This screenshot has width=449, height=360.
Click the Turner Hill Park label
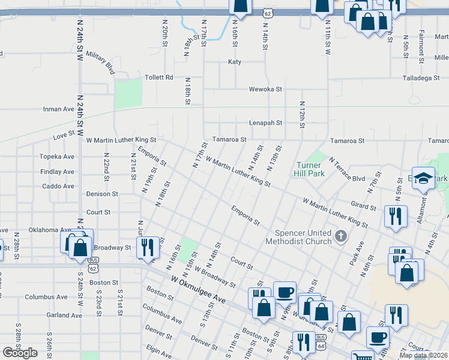point(310,169)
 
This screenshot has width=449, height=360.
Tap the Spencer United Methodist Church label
point(303,237)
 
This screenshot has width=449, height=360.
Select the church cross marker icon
point(342,236)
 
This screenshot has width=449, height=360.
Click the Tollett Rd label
point(158,77)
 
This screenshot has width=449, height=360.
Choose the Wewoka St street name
point(266,89)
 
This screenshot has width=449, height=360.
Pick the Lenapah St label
point(266,123)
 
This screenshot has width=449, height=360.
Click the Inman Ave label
point(58,109)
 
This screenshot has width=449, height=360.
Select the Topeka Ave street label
point(58,157)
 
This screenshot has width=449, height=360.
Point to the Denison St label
point(102,194)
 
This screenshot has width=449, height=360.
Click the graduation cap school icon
point(423,178)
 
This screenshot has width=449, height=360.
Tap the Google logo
point(20,353)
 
